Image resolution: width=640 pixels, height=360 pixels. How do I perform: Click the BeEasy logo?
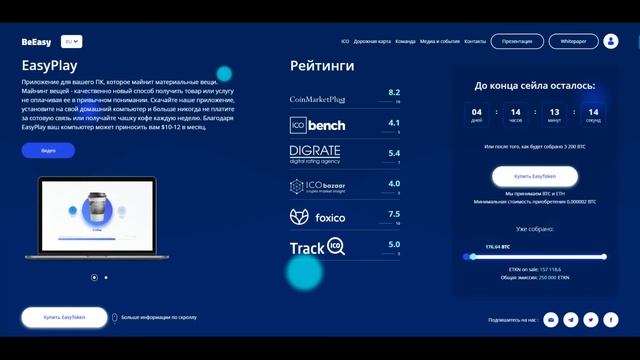36,42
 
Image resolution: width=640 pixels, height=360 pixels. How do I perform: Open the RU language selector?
72,42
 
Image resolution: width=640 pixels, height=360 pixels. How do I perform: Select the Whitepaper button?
573,42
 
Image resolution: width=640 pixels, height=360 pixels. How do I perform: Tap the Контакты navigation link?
475,42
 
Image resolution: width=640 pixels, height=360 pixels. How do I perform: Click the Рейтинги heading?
322,66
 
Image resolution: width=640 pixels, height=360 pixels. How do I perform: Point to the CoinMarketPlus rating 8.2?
394,92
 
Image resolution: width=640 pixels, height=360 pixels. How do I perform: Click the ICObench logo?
317,126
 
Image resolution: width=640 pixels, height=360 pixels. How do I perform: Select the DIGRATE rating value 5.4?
394,154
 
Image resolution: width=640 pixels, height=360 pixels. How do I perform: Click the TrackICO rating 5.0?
394,244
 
